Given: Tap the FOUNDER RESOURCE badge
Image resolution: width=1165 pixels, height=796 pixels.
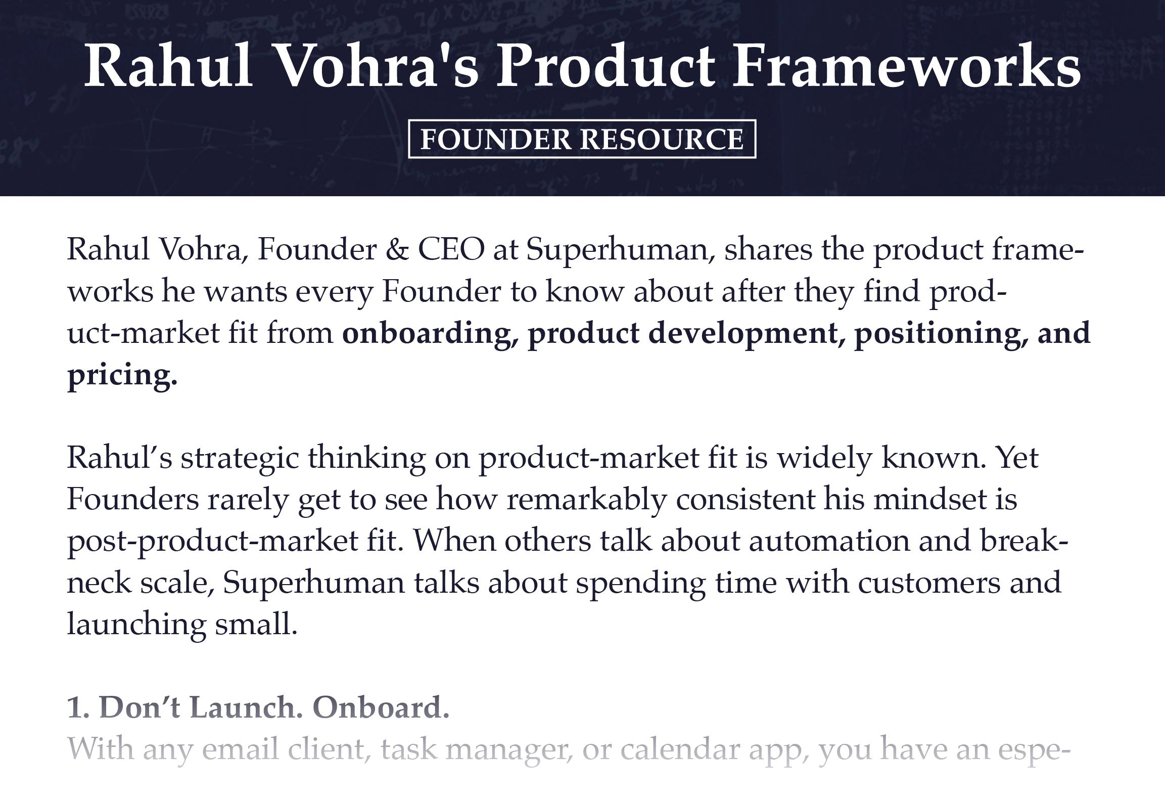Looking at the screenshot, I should coord(582,139).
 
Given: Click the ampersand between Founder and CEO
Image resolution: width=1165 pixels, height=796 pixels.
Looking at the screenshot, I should coord(397,250).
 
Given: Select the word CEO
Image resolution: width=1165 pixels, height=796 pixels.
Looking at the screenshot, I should coord(451,250).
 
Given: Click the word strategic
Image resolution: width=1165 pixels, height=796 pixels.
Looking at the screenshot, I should coord(240,458).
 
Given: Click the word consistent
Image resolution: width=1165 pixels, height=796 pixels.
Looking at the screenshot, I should coord(745,500).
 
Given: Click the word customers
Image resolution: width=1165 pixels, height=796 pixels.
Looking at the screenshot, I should coord(928,583).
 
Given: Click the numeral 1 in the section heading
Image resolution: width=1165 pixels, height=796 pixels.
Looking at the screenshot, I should coord(75,707).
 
